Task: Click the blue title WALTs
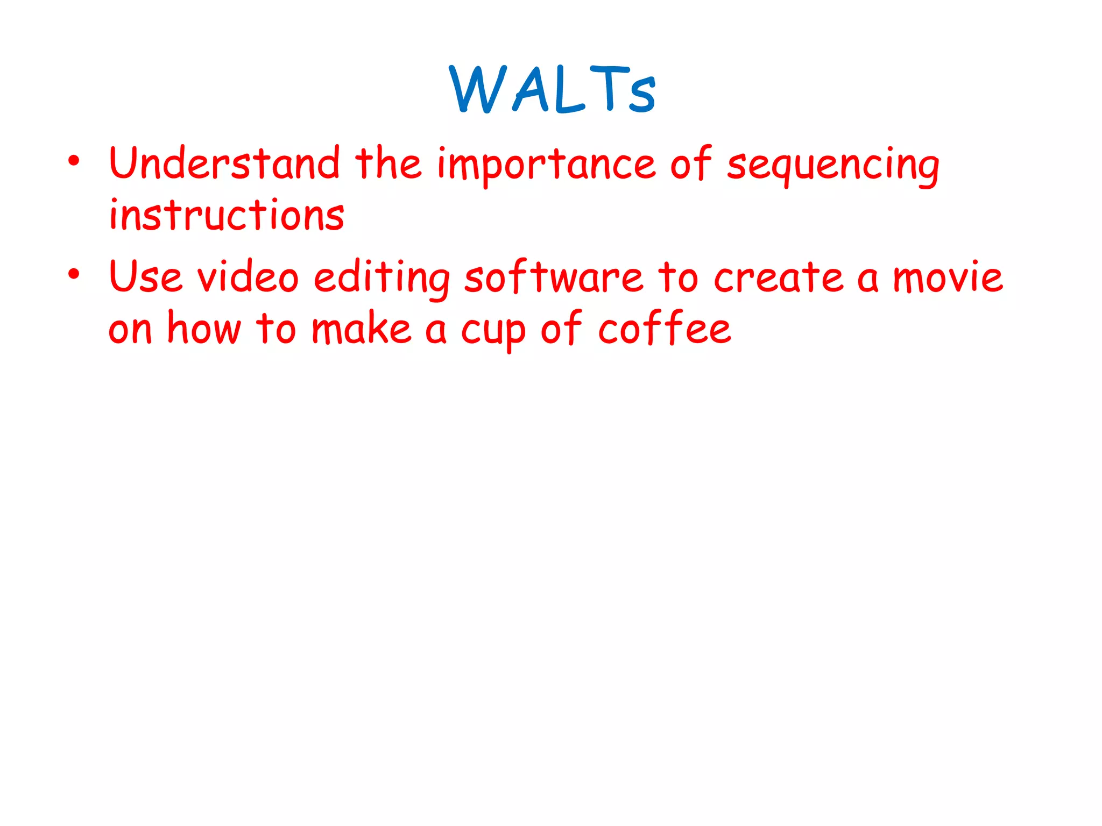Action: (553, 89)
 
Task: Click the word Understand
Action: (224, 163)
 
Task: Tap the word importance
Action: (546, 165)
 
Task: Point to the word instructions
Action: (227, 215)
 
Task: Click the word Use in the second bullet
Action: (145, 277)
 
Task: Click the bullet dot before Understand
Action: (74, 160)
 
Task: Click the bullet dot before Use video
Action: (74, 274)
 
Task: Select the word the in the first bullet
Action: (387, 163)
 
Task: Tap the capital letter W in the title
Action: (478, 89)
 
